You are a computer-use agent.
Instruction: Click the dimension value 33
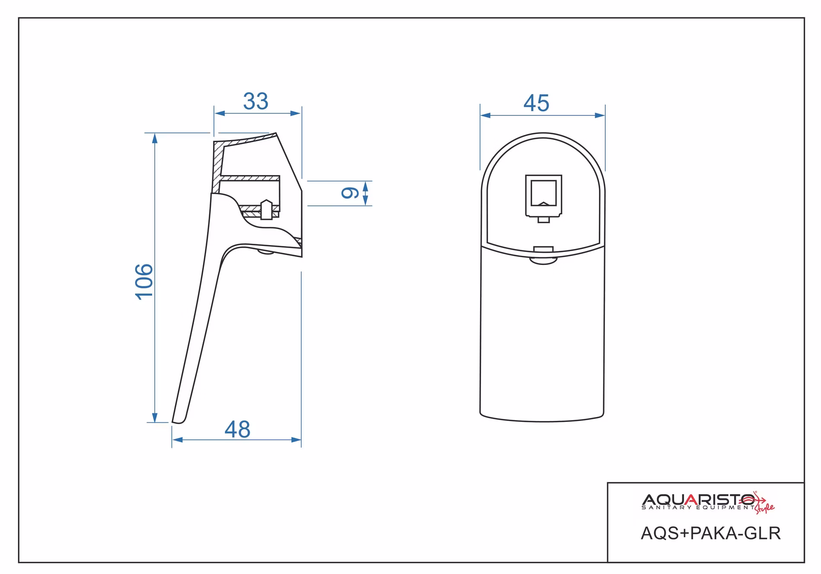click(256, 102)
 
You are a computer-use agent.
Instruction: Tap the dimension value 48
click(238, 429)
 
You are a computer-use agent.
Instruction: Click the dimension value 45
click(536, 103)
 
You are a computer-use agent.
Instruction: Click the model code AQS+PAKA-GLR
click(711, 533)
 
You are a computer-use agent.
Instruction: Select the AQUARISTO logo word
click(698, 500)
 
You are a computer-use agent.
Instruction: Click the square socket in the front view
click(544, 195)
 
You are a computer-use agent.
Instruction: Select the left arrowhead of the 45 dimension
click(485, 115)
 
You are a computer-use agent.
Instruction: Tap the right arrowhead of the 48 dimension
click(296, 440)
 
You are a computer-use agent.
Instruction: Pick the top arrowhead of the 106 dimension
click(154, 138)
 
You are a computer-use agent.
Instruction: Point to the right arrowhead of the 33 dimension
click(296, 113)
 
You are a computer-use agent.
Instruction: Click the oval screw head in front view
click(544, 260)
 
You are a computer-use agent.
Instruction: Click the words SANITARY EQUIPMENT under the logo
click(698, 508)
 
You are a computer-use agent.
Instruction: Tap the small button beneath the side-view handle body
click(265, 252)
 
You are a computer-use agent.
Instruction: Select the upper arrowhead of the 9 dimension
click(366, 186)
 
